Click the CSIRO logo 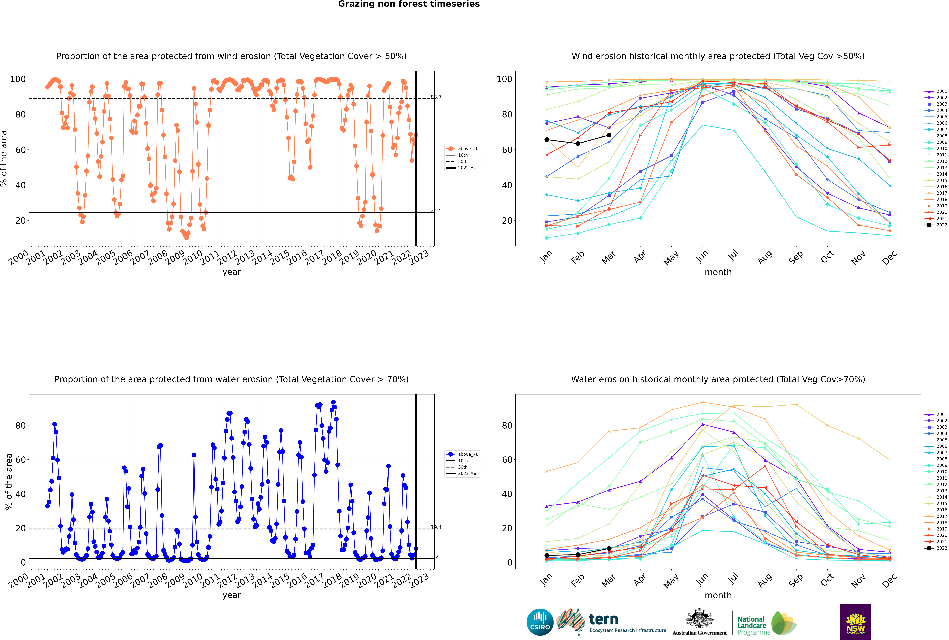pyautogui.click(x=540, y=622)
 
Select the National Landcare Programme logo pyautogui.click(x=767, y=623)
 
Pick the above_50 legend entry pyautogui.click(x=462, y=149)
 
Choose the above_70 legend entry pyautogui.click(x=462, y=454)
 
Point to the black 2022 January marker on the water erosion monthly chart pyautogui.click(x=547, y=556)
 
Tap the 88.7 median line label pyautogui.click(x=436, y=97)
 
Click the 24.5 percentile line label pyautogui.click(x=436, y=211)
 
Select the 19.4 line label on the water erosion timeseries pyautogui.click(x=436, y=527)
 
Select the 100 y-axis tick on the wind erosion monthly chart pyautogui.click(x=504, y=79)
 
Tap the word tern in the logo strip pyautogui.click(x=603, y=620)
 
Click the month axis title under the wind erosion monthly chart pyautogui.click(x=718, y=272)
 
